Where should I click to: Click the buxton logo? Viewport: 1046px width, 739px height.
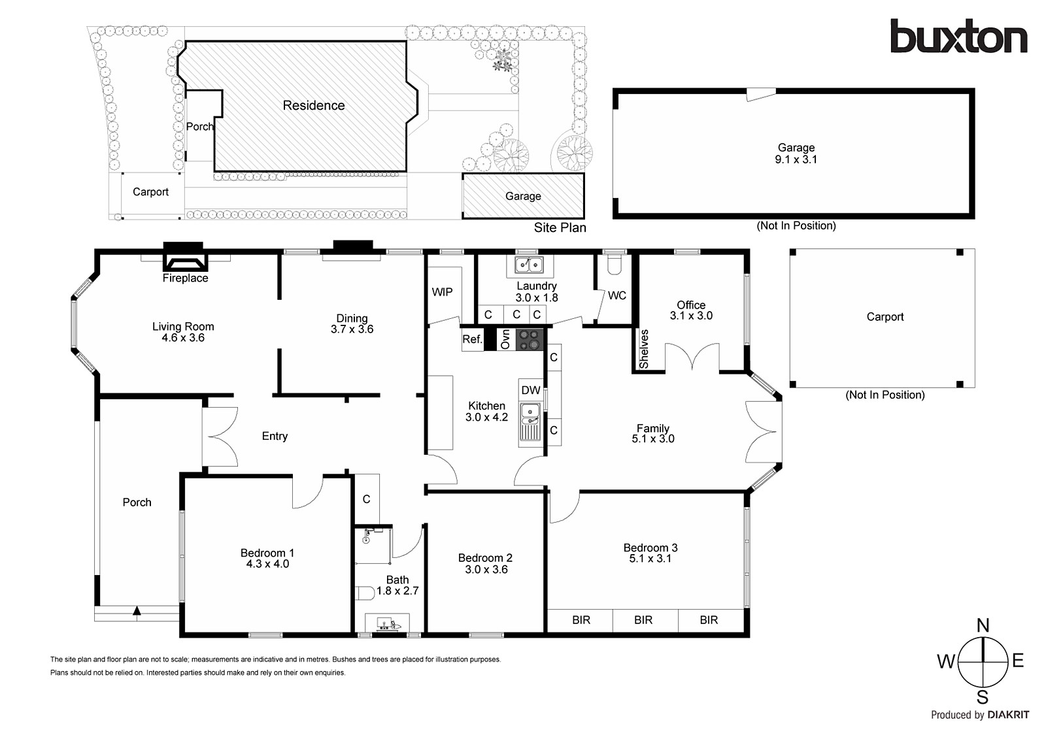[x=958, y=37]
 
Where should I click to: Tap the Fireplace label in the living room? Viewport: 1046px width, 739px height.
[x=185, y=278]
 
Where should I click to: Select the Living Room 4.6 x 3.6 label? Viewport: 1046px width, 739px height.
[x=183, y=332]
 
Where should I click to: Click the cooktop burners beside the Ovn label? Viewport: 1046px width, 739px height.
[x=530, y=339]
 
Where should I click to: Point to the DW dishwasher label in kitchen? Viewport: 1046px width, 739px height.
[x=531, y=391]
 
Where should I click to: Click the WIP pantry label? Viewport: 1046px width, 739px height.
[x=442, y=292]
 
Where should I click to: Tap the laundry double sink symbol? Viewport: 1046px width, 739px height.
[x=529, y=265]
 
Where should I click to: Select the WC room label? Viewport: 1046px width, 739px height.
[x=616, y=295]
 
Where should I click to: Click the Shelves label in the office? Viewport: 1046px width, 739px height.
[x=644, y=349]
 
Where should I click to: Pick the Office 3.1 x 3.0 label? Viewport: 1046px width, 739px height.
[x=691, y=310]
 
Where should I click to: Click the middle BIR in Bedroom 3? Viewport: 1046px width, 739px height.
[x=643, y=620]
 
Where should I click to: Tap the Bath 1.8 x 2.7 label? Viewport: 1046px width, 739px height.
[x=397, y=585]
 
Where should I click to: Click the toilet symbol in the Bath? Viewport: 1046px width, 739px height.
[x=364, y=593]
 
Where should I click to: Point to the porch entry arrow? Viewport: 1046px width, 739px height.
[x=137, y=612]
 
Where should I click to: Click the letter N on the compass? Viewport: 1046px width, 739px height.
[x=983, y=626]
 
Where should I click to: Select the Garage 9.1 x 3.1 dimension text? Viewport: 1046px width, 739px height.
[x=796, y=159]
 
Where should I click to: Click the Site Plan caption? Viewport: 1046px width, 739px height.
[x=560, y=227]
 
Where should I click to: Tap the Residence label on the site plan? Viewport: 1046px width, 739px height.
[x=314, y=105]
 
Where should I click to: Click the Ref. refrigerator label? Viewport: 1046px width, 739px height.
[x=472, y=339]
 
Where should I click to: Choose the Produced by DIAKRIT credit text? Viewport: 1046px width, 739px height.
[x=980, y=715]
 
